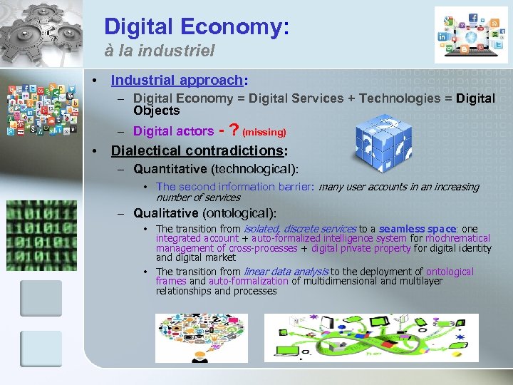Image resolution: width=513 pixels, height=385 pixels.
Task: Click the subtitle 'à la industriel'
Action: tap(160, 52)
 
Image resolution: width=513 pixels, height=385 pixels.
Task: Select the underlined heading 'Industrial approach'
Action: tap(177, 80)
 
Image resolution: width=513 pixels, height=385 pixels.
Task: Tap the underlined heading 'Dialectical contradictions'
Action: tap(197, 150)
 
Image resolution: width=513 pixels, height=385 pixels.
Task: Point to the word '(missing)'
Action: tap(264, 133)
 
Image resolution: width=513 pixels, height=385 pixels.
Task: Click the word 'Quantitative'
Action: tap(170, 169)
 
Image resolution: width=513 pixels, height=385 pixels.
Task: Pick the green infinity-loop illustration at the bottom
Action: tap(371, 337)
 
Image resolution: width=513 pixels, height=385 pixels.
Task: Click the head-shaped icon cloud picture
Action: tap(202, 337)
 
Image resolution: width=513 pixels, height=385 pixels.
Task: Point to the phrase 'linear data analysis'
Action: tap(286, 272)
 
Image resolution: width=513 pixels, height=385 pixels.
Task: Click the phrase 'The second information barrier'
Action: tap(234, 187)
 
